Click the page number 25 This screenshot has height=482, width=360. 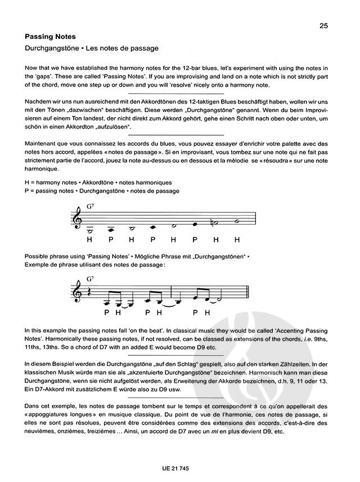[323, 25]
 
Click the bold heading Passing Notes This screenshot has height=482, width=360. [50, 37]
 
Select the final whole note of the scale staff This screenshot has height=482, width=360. [237, 221]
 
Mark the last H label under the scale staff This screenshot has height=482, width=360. [237, 239]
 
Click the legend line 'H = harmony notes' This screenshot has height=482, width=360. [98, 183]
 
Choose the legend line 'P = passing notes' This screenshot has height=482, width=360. [102, 191]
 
